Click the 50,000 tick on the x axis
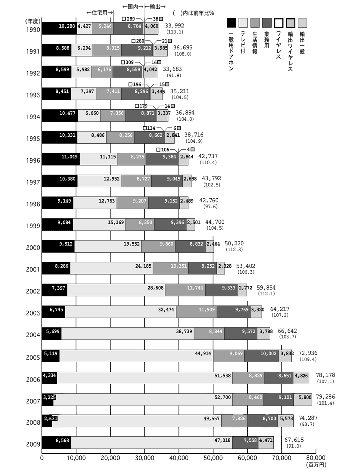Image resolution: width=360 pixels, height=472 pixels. (x=213, y=457)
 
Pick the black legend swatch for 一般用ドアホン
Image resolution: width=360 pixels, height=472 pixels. (x=232, y=22)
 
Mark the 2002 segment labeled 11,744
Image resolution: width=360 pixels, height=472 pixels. (x=185, y=290)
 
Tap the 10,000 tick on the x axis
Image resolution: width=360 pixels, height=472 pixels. (x=76, y=457)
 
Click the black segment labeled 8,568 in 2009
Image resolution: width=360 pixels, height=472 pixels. (x=56, y=442)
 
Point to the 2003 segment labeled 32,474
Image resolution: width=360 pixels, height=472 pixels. (x=120, y=312)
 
